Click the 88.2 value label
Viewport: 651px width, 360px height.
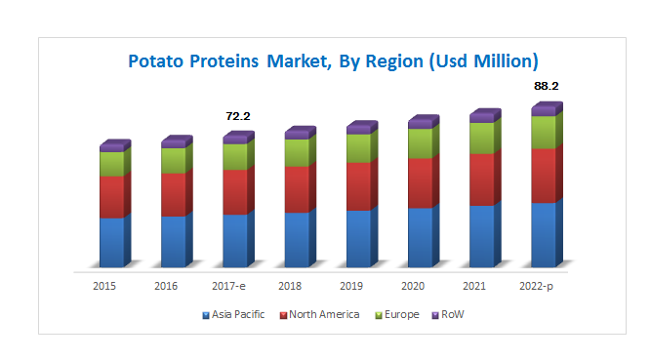click(x=546, y=86)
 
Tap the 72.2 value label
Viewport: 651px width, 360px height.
click(x=238, y=116)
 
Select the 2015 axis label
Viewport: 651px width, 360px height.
click(x=104, y=286)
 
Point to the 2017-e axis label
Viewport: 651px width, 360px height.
click(x=228, y=286)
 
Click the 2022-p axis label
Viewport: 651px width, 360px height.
click(x=536, y=286)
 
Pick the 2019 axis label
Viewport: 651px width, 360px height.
click(x=351, y=286)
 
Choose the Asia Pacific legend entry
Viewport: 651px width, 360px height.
click(x=233, y=315)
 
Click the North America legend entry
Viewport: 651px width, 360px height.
click(x=320, y=315)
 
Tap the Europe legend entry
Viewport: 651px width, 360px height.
click(x=397, y=315)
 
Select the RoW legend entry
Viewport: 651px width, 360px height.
click(x=448, y=315)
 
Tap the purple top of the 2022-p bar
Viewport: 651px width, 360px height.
click(x=548, y=109)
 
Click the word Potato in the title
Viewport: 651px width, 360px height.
click(x=156, y=61)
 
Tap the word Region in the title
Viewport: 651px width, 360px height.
click(x=394, y=61)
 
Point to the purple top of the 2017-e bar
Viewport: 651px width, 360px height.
click(x=239, y=138)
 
